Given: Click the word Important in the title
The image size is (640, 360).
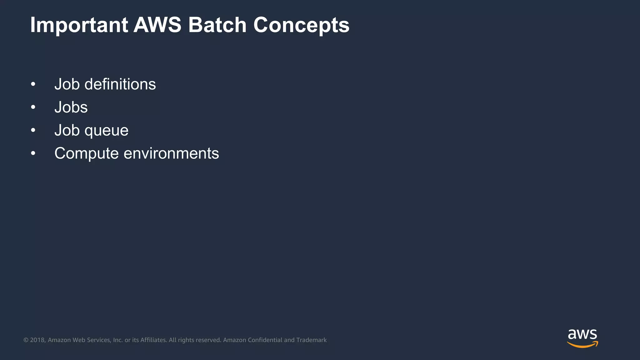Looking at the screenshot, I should [79, 25].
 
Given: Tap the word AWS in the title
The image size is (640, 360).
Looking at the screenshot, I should [157, 25].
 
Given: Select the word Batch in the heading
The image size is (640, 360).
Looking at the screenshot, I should [217, 25].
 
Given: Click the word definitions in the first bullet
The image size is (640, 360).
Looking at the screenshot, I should [120, 84].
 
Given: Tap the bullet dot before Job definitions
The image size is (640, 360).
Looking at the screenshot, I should [33, 84].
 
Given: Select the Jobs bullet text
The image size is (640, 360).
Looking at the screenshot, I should [71, 107].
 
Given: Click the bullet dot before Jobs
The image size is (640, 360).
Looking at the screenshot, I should [33, 107].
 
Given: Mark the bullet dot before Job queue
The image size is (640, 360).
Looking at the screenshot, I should [33, 130].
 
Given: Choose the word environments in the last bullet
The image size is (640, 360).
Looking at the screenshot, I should [171, 154].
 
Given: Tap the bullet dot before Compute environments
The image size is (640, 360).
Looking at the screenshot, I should [33, 153].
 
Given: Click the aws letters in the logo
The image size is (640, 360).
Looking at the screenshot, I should [582, 335].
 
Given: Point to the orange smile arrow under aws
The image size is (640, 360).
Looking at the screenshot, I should [582, 345].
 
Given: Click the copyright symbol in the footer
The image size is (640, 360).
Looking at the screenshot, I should [26, 340].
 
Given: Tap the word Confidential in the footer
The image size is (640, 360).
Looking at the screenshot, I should [265, 340].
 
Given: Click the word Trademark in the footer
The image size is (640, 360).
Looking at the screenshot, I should [311, 340].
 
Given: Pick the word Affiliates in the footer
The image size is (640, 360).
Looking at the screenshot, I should [153, 340].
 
